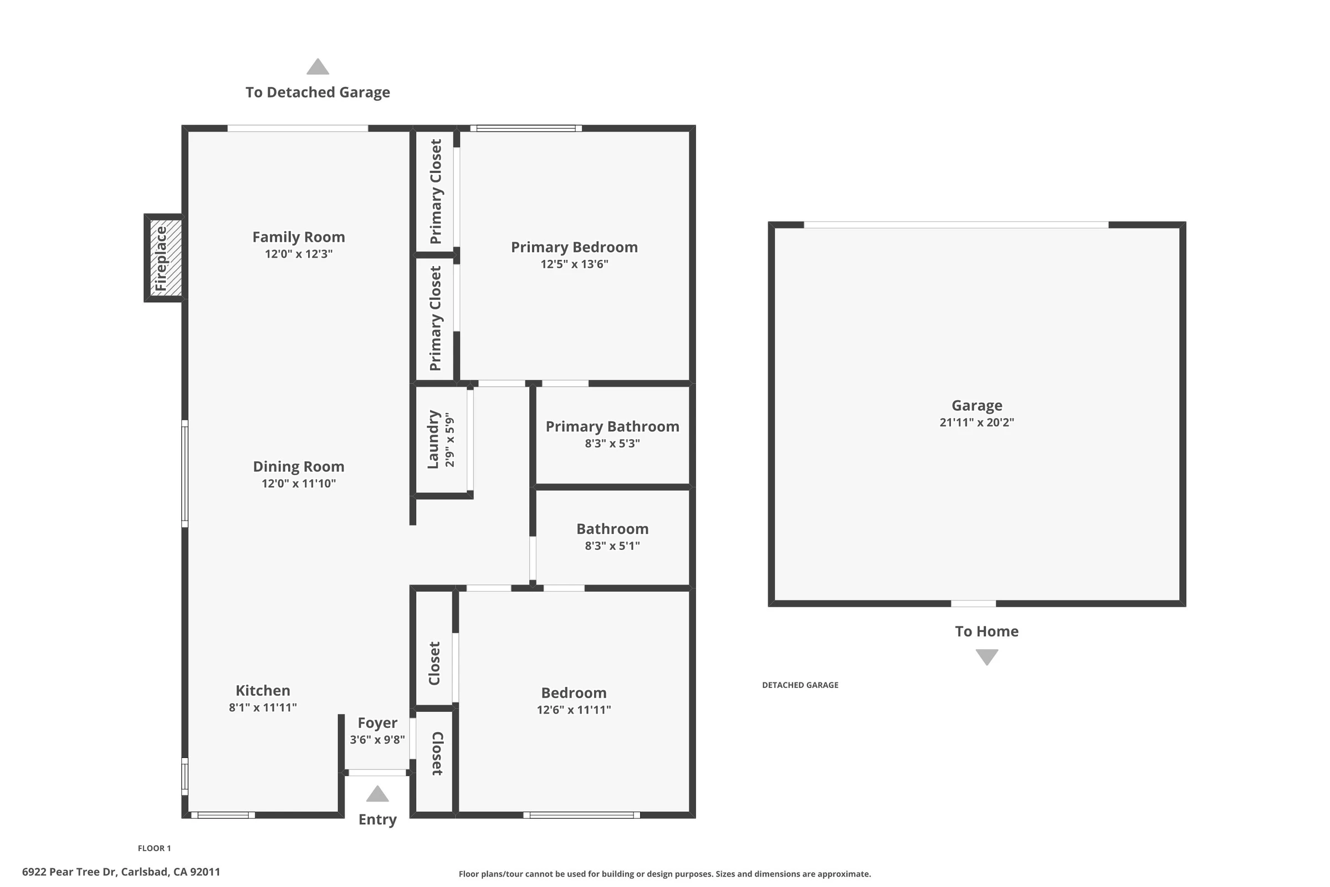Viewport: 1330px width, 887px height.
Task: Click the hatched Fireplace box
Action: [x=166, y=258]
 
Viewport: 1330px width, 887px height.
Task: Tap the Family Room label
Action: [x=299, y=237]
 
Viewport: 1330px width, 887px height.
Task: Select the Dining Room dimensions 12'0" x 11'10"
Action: [x=299, y=483]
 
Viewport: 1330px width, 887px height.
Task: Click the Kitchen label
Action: [x=263, y=690]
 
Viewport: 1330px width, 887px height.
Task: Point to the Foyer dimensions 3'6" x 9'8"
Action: [x=377, y=740]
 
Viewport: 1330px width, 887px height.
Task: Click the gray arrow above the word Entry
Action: [x=377, y=794]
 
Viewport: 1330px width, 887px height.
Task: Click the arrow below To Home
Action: [x=987, y=657]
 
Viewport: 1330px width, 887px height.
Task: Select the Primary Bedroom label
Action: [x=575, y=247]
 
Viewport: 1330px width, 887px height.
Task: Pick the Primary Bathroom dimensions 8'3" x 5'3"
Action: [x=612, y=443]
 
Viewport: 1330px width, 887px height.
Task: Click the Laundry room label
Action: [x=433, y=440]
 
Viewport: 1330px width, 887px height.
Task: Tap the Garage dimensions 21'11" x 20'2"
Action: [x=976, y=422]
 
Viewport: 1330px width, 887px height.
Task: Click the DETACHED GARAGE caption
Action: [x=800, y=685]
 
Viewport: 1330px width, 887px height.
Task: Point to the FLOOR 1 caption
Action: [x=155, y=848]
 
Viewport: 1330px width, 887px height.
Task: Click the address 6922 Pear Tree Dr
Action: [x=69, y=871]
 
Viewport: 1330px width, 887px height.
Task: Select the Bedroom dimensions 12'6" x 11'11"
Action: [x=574, y=710]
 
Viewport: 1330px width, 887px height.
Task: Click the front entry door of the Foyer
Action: [x=377, y=773]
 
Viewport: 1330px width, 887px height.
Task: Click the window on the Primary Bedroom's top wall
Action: [x=526, y=129]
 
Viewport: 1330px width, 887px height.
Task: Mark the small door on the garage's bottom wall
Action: [x=973, y=604]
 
